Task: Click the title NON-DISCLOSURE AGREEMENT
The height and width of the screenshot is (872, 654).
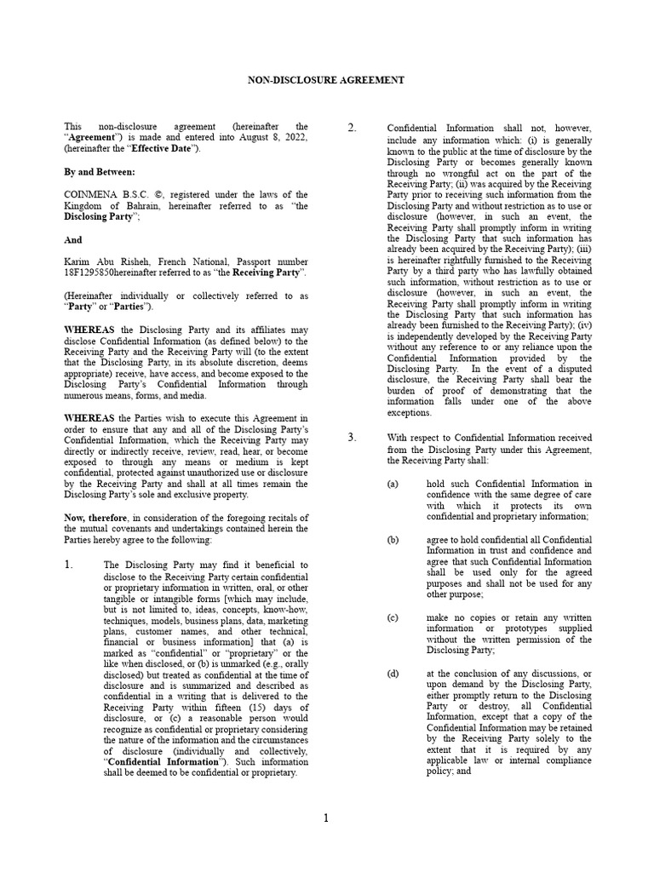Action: pos(326,80)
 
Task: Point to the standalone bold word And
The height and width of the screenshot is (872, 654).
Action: pos(73,240)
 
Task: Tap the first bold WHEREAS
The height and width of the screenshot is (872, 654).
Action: pos(89,330)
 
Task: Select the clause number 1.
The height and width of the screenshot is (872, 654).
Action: pos(71,565)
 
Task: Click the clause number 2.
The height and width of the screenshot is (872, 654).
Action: pos(352,128)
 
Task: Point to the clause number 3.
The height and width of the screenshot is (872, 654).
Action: pos(352,437)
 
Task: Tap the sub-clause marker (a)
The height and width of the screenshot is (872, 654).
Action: pos(393,484)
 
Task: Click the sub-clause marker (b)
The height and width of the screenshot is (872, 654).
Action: pos(393,540)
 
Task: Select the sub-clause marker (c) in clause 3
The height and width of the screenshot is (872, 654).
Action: pos(393,617)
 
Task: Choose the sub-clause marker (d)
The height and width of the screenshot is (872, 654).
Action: pos(393,674)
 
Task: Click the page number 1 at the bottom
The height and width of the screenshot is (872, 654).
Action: pos(326,818)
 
